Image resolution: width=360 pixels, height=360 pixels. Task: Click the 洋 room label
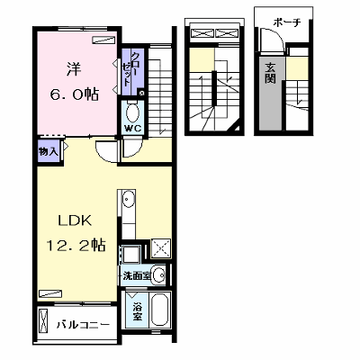[x=74, y=69]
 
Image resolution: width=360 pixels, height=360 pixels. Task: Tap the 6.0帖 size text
[x=74, y=94]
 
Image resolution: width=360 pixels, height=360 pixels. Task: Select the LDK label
[x=75, y=220]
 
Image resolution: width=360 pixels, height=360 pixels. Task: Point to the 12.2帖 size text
[x=76, y=245]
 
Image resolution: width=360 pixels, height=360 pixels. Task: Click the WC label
[x=133, y=129]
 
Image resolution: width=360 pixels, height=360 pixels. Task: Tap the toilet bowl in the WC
[x=132, y=112]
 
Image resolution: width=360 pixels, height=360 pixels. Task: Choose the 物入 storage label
[x=48, y=152]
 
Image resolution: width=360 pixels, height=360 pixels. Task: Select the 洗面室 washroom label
[x=137, y=275]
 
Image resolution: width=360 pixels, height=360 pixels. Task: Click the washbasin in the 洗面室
[x=157, y=274]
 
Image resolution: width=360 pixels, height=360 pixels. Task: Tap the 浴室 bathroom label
[x=137, y=311]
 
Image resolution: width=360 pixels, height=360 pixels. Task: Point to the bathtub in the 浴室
[x=160, y=310]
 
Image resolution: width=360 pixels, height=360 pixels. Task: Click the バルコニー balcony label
[x=84, y=325]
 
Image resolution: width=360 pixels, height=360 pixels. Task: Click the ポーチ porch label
[x=287, y=22]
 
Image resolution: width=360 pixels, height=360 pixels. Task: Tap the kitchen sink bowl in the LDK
[x=129, y=200]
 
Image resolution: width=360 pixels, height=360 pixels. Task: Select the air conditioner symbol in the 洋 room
[x=103, y=40]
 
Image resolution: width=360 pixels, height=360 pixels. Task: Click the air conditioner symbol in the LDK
[x=50, y=293]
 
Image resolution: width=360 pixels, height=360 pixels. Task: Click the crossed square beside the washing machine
[x=160, y=248]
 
